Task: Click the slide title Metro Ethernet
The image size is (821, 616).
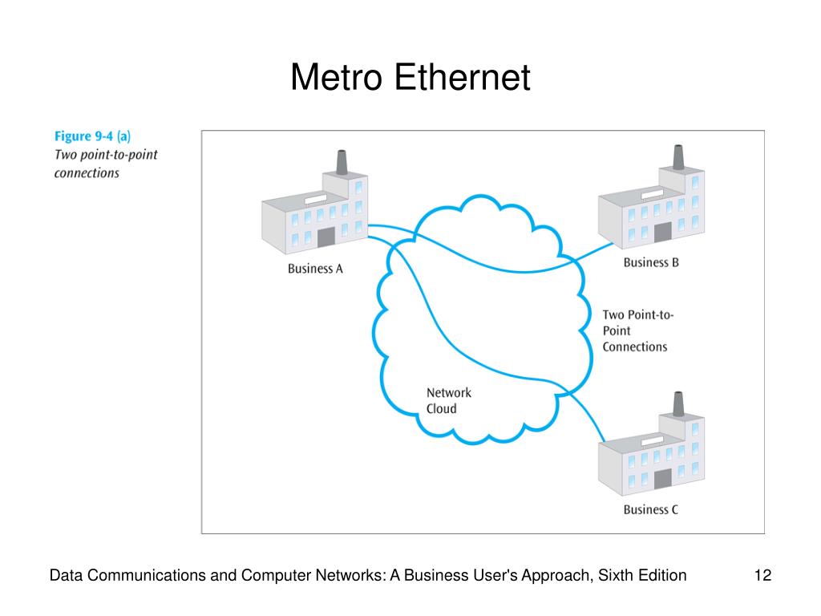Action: (410, 78)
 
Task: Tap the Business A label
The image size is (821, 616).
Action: (315, 269)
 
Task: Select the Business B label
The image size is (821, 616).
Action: (651, 262)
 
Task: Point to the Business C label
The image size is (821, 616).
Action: (651, 509)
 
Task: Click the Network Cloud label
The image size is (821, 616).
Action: (448, 400)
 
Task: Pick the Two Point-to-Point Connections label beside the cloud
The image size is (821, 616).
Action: (637, 330)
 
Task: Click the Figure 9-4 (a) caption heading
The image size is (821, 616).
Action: (93, 136)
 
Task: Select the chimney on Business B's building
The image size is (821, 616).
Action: (677, 157)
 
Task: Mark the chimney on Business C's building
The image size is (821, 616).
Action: (677, 403)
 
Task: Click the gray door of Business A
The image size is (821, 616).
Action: (326, 237)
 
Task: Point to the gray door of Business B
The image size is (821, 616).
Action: (662, 232)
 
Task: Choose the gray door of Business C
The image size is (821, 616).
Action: (662, 479)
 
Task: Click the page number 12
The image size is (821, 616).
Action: (762, 575)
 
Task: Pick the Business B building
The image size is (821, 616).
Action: (651, 209)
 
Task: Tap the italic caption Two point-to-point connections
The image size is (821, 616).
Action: (106, 163)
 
